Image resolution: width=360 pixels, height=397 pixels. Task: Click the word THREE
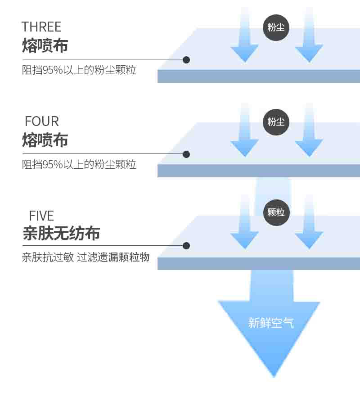click(41, 27)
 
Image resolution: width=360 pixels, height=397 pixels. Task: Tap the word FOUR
click(42, 121)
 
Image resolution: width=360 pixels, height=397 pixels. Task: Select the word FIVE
click(41, 216)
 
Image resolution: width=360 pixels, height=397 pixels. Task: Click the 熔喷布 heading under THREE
click(45, 45)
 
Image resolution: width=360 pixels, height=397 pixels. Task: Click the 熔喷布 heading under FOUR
click(45, 140)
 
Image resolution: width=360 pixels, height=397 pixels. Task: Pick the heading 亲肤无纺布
click(61, 233)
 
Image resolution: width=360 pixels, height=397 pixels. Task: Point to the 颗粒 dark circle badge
click(276, 212)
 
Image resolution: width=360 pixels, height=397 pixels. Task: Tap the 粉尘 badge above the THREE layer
click(276, 27)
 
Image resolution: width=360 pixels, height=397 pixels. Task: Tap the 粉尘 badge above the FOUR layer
click(276, 122)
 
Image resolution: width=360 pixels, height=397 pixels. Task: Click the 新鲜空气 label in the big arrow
click(271, 323)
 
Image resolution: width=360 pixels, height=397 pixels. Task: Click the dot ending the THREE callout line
click(186, 60)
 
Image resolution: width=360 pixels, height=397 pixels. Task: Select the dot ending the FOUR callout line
click(186, 154)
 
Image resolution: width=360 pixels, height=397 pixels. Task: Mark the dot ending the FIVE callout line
click(186, 246)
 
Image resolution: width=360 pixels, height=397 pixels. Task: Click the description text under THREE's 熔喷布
click(79, 70)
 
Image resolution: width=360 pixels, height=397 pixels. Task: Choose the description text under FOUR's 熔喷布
click(79, 165)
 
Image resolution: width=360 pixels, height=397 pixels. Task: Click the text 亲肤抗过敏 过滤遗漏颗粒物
click(85, 257)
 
